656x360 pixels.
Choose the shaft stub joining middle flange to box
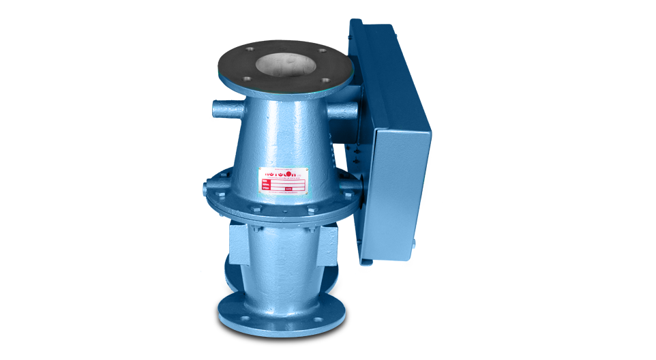point(351,185)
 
